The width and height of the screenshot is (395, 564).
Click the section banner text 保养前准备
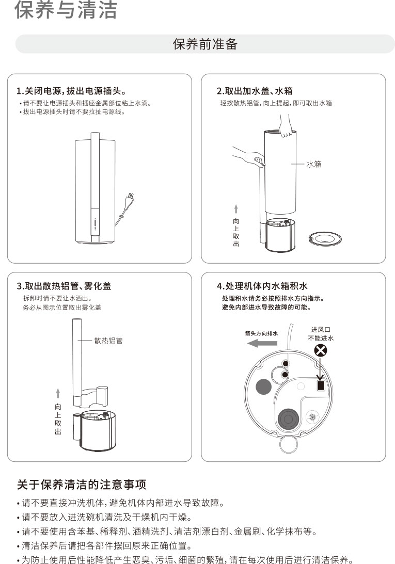(x=205, y=44)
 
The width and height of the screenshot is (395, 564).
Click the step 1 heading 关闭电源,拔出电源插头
(x=71, y=91)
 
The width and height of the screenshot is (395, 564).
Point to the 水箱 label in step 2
(x=313, y=164)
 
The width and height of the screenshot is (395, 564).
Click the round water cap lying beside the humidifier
(x=325, y=238)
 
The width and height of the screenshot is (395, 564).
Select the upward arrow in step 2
(x=236, y=209)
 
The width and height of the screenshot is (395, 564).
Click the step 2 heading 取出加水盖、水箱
(x=255, y=91)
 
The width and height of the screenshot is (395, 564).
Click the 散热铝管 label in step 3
(x=108, y=340)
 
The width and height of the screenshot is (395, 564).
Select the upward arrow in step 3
(x=58, y=393)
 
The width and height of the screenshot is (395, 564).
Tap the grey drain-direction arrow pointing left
(x=262, y=343)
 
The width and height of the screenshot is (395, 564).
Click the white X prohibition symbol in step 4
(x=321, y=350)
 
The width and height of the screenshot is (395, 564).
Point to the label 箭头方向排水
(x=261, y=333)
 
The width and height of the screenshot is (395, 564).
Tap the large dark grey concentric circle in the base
(x=288, y=418)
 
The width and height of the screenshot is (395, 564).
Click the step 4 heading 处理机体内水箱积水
(x=262, y=286)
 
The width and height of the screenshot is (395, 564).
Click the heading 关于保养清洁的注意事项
(x=82, y=485)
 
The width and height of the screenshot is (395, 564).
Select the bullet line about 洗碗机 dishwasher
(x=105, y=517)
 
